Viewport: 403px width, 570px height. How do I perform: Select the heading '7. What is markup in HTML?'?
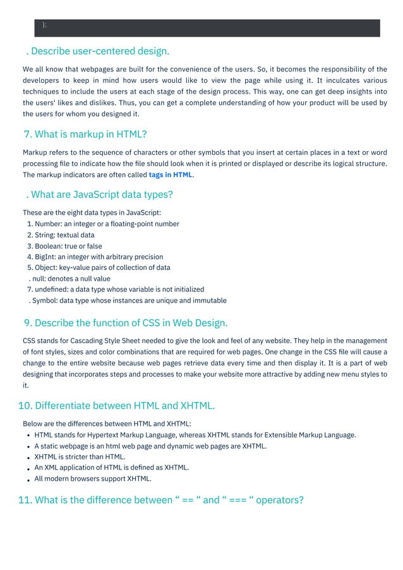point(85,134)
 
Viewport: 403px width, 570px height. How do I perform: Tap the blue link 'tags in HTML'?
point(171,174)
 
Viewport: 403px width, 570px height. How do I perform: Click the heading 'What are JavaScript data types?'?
point(102,194)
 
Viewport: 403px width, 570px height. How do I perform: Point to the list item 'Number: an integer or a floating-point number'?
point(107,224)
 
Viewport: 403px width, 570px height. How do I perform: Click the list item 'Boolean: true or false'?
point(68,246)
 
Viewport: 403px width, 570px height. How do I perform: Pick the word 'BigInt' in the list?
point(45,257)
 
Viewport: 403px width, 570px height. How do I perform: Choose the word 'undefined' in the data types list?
point(51,289)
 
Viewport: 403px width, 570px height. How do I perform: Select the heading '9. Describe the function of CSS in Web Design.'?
point(125,323)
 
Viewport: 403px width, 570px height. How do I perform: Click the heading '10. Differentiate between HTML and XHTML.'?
point(116,405)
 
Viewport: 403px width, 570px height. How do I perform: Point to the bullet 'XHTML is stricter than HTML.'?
point(80,456)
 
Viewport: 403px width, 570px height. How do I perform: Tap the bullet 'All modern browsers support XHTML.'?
point(93,478)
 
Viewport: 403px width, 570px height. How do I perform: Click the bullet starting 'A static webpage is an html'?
point(150,446)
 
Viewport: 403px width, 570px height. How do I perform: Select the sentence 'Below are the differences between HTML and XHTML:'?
point(106,423)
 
